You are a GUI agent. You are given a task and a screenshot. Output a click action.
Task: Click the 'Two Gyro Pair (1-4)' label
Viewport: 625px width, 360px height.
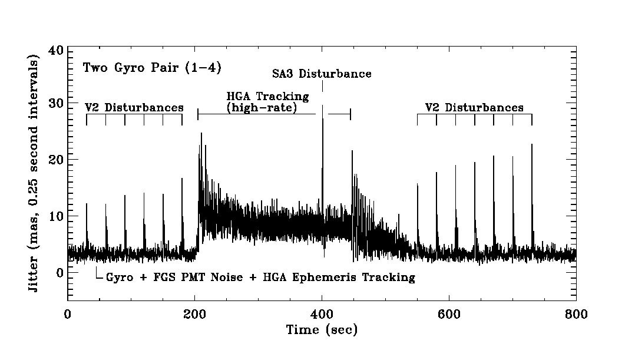tap(152, 68)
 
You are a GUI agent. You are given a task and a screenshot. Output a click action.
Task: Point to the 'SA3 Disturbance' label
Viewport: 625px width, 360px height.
tap(322, 74)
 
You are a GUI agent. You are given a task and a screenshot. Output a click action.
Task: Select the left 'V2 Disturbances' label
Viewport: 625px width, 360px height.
tap(134, 108)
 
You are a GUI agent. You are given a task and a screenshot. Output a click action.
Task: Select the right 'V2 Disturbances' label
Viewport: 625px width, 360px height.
tap(474, 108)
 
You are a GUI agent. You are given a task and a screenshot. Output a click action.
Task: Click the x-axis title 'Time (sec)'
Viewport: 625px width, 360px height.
tap(322, 330)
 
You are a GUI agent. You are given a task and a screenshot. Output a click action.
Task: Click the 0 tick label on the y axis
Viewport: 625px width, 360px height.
tap(59, 272)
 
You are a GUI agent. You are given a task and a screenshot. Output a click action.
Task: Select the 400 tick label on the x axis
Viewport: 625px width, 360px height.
tap(322, 315)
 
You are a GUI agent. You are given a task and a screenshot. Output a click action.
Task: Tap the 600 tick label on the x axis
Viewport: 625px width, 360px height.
tap(449, 315)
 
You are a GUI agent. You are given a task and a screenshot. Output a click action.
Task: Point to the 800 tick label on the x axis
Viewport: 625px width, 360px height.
tap(576, 315)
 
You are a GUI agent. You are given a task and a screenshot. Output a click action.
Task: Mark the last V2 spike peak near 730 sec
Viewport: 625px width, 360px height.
tap(532, 144)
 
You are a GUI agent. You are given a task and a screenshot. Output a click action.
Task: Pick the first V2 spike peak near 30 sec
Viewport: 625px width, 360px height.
tap(87, 204)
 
